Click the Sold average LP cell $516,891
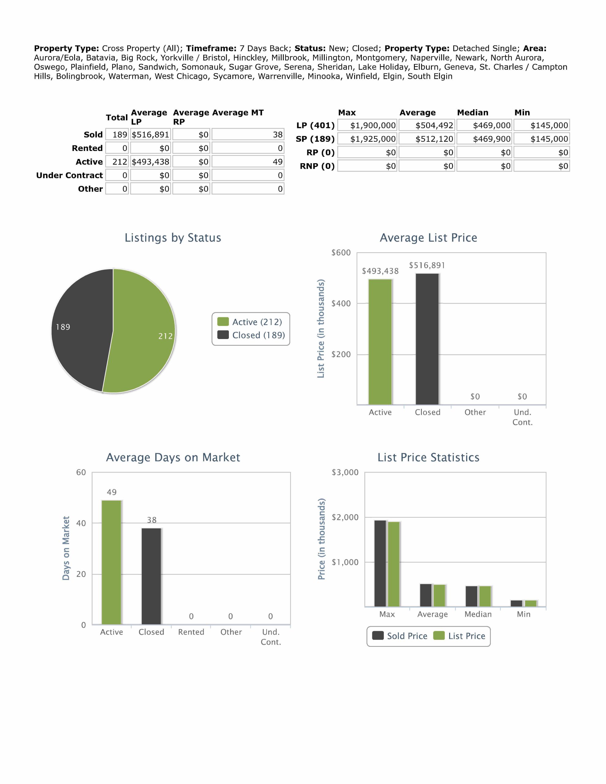[x=150, y=135]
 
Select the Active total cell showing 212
[x=117, y=162]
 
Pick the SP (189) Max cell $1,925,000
[x=367, y=139]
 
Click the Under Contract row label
[x=69, y=175]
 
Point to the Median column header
[x=472, y=113]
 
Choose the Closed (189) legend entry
[x=252, y=335]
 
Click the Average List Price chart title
[x=428, y=238]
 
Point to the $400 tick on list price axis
[x=341, y=304]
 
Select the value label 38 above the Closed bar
[x=152, y=520]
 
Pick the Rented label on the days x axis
[x=191, y=632]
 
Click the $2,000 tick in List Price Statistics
[x=345, y=517]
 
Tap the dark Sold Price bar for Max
[x=380, y=563]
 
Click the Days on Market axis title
[x=66, y=548]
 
